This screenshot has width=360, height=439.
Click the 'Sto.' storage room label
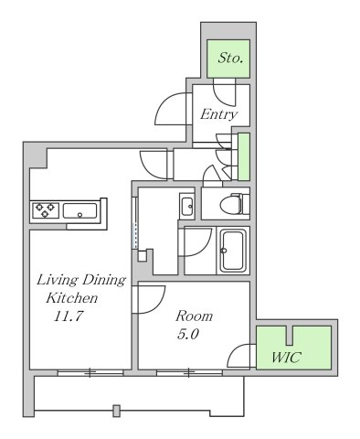230,58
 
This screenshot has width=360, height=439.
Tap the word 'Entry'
218,114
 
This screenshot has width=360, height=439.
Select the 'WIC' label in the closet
286,357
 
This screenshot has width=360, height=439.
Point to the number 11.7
69,316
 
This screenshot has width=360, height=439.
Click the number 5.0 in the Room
187,335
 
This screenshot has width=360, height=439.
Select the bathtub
233,251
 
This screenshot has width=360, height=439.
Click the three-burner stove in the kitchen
46,210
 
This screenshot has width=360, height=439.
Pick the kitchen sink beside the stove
79,210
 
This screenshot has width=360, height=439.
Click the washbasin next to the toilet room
186,207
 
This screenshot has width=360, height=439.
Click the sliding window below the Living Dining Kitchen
90,372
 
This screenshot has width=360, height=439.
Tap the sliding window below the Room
189,372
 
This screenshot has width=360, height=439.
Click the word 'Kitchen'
72,298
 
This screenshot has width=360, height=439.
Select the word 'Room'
194,316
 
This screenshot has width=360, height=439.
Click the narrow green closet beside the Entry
244,156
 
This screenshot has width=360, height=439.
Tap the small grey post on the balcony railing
117,411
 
